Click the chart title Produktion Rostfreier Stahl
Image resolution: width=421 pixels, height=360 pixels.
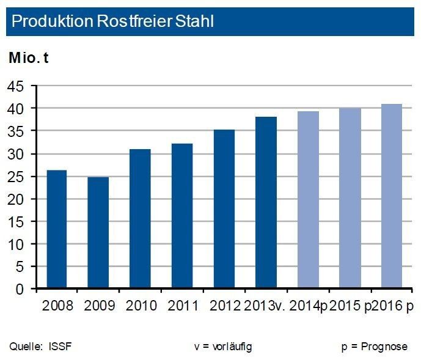click(112, 22)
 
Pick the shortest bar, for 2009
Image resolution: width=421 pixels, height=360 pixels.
click(98, 233)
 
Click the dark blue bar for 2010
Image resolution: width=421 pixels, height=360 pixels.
click(140, 219)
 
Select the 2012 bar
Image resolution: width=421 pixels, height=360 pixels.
click(224, 209)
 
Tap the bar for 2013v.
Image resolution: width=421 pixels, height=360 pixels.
click(266, 203)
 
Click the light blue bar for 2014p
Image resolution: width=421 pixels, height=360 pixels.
click(307, 200)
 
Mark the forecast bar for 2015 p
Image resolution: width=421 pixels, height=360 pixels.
click(350, 199)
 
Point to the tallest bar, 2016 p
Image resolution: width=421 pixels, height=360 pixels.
click(391, 196)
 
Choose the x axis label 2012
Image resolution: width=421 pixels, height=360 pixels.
click(224, 305)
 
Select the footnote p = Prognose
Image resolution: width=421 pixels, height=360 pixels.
click(374, 347)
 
